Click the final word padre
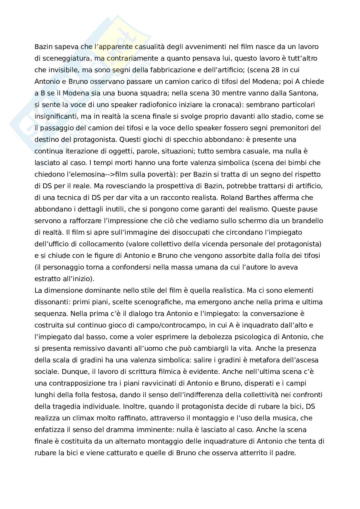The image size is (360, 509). [285, 453]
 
